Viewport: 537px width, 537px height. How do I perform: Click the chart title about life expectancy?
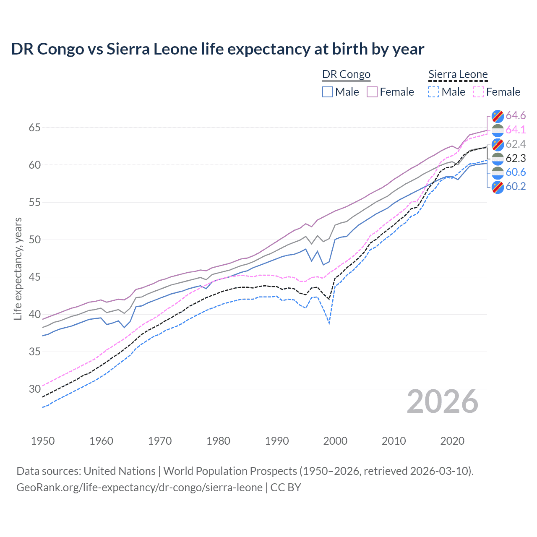coord(217,49)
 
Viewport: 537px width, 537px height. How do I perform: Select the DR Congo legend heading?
coord(346,74)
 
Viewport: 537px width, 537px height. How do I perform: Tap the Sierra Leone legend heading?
coord(458,74)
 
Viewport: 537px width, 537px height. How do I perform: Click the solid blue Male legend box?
coord(328,92)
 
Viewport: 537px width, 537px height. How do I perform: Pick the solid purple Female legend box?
coord(372,92)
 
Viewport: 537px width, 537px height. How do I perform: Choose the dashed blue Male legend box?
coord(434,92)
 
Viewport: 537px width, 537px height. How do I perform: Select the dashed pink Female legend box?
coord(479,92)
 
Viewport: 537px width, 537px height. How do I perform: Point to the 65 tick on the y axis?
coord(34,128)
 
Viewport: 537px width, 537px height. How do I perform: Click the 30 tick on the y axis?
coord(34,389)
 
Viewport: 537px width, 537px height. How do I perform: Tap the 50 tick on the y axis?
coord(34,240)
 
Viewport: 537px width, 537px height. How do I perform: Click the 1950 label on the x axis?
coord(43,441)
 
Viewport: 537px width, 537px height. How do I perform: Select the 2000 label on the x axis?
coord(335,441)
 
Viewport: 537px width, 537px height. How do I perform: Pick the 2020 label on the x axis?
coord(452,441)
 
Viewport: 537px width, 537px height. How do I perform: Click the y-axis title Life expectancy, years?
coord(18,268)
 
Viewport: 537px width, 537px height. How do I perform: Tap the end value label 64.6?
coord(516,116)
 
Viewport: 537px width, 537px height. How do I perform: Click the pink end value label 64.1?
coord(516,130)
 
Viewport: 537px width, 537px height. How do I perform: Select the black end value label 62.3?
coord(516,158)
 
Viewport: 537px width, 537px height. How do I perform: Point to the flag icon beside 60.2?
coord(498,187)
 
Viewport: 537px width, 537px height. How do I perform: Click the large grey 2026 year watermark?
coord(443,401)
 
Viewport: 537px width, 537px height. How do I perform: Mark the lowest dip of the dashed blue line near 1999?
coord(329,323)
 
